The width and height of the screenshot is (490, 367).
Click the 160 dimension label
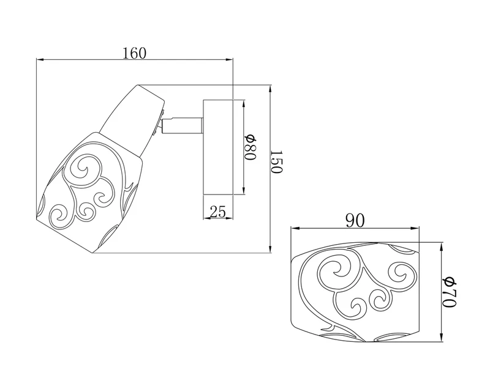[134, 53]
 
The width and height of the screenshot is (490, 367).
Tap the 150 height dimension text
[276, 161]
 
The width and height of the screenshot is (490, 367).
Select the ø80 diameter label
[250, 147]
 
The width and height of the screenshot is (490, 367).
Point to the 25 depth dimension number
[218, 212]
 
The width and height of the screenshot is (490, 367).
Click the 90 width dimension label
[355, 221]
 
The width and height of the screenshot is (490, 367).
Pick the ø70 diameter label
[450, 292]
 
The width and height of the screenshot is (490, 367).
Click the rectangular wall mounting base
[218, 147]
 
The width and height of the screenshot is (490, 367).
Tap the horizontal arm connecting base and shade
[182, 125]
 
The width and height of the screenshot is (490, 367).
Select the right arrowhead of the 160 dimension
[229, 59]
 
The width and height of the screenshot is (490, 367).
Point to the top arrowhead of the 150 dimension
[270, 89]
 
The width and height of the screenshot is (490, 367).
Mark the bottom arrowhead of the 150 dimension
[270, 248]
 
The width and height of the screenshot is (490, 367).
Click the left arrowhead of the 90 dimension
[296, 228]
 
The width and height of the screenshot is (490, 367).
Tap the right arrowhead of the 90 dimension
[415, 228]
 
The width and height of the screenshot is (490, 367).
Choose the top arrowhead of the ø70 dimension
[441, 247]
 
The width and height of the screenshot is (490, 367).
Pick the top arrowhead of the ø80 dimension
[243, 105]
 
